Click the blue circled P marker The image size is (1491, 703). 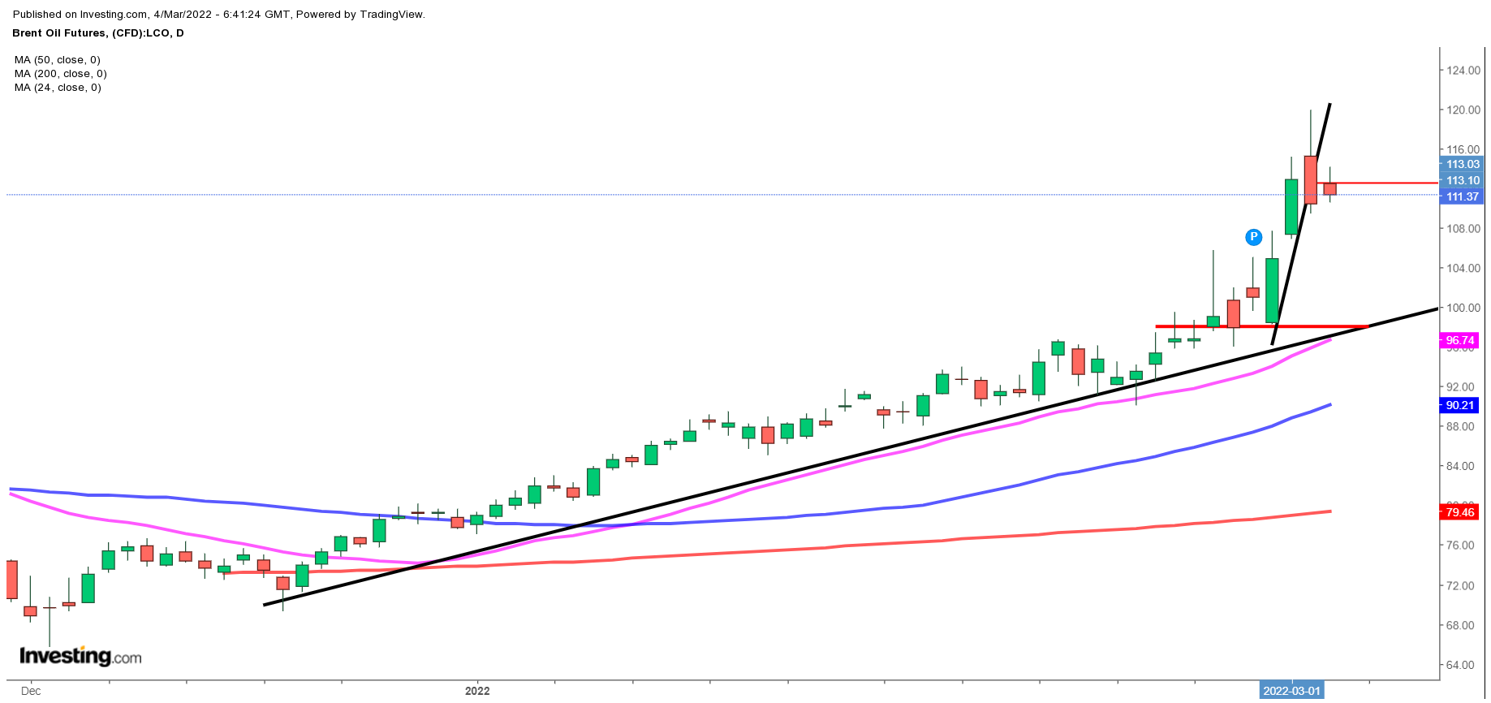1253,237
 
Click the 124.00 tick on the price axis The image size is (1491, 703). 1463,71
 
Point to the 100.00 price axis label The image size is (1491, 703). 1463,308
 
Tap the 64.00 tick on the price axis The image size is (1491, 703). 1463,665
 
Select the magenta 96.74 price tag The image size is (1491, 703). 1459,341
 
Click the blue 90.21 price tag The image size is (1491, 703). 1459,405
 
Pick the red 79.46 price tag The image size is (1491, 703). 1459,512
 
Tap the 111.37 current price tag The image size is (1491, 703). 1462,196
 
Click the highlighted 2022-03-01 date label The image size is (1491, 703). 1291,691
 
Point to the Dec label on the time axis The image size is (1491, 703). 31,691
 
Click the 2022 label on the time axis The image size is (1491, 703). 477,691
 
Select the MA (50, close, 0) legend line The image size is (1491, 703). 58,60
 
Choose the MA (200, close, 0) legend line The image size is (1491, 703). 60,74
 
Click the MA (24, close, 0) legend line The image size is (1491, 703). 58,88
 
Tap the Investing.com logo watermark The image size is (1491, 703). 80,656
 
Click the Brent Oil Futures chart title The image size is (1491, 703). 98,33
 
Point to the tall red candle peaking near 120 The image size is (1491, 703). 1310,179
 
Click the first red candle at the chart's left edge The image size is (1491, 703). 11,580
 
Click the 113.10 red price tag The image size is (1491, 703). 1462,180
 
